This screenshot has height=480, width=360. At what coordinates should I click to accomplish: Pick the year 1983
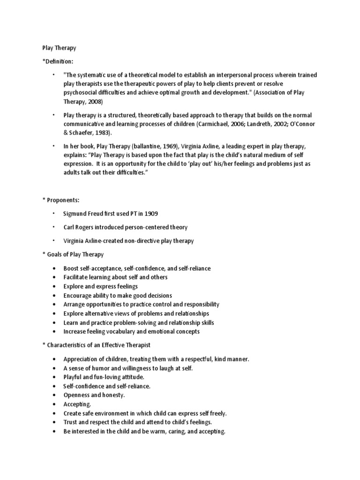coord(103,133)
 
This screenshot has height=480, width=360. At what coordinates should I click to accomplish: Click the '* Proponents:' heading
coord(61,200)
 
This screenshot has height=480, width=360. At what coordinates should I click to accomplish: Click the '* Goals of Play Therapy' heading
coord(73,255)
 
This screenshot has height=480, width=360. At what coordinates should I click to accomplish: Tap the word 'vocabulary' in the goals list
coord(121,332)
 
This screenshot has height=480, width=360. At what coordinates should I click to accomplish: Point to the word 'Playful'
coord(73,377)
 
